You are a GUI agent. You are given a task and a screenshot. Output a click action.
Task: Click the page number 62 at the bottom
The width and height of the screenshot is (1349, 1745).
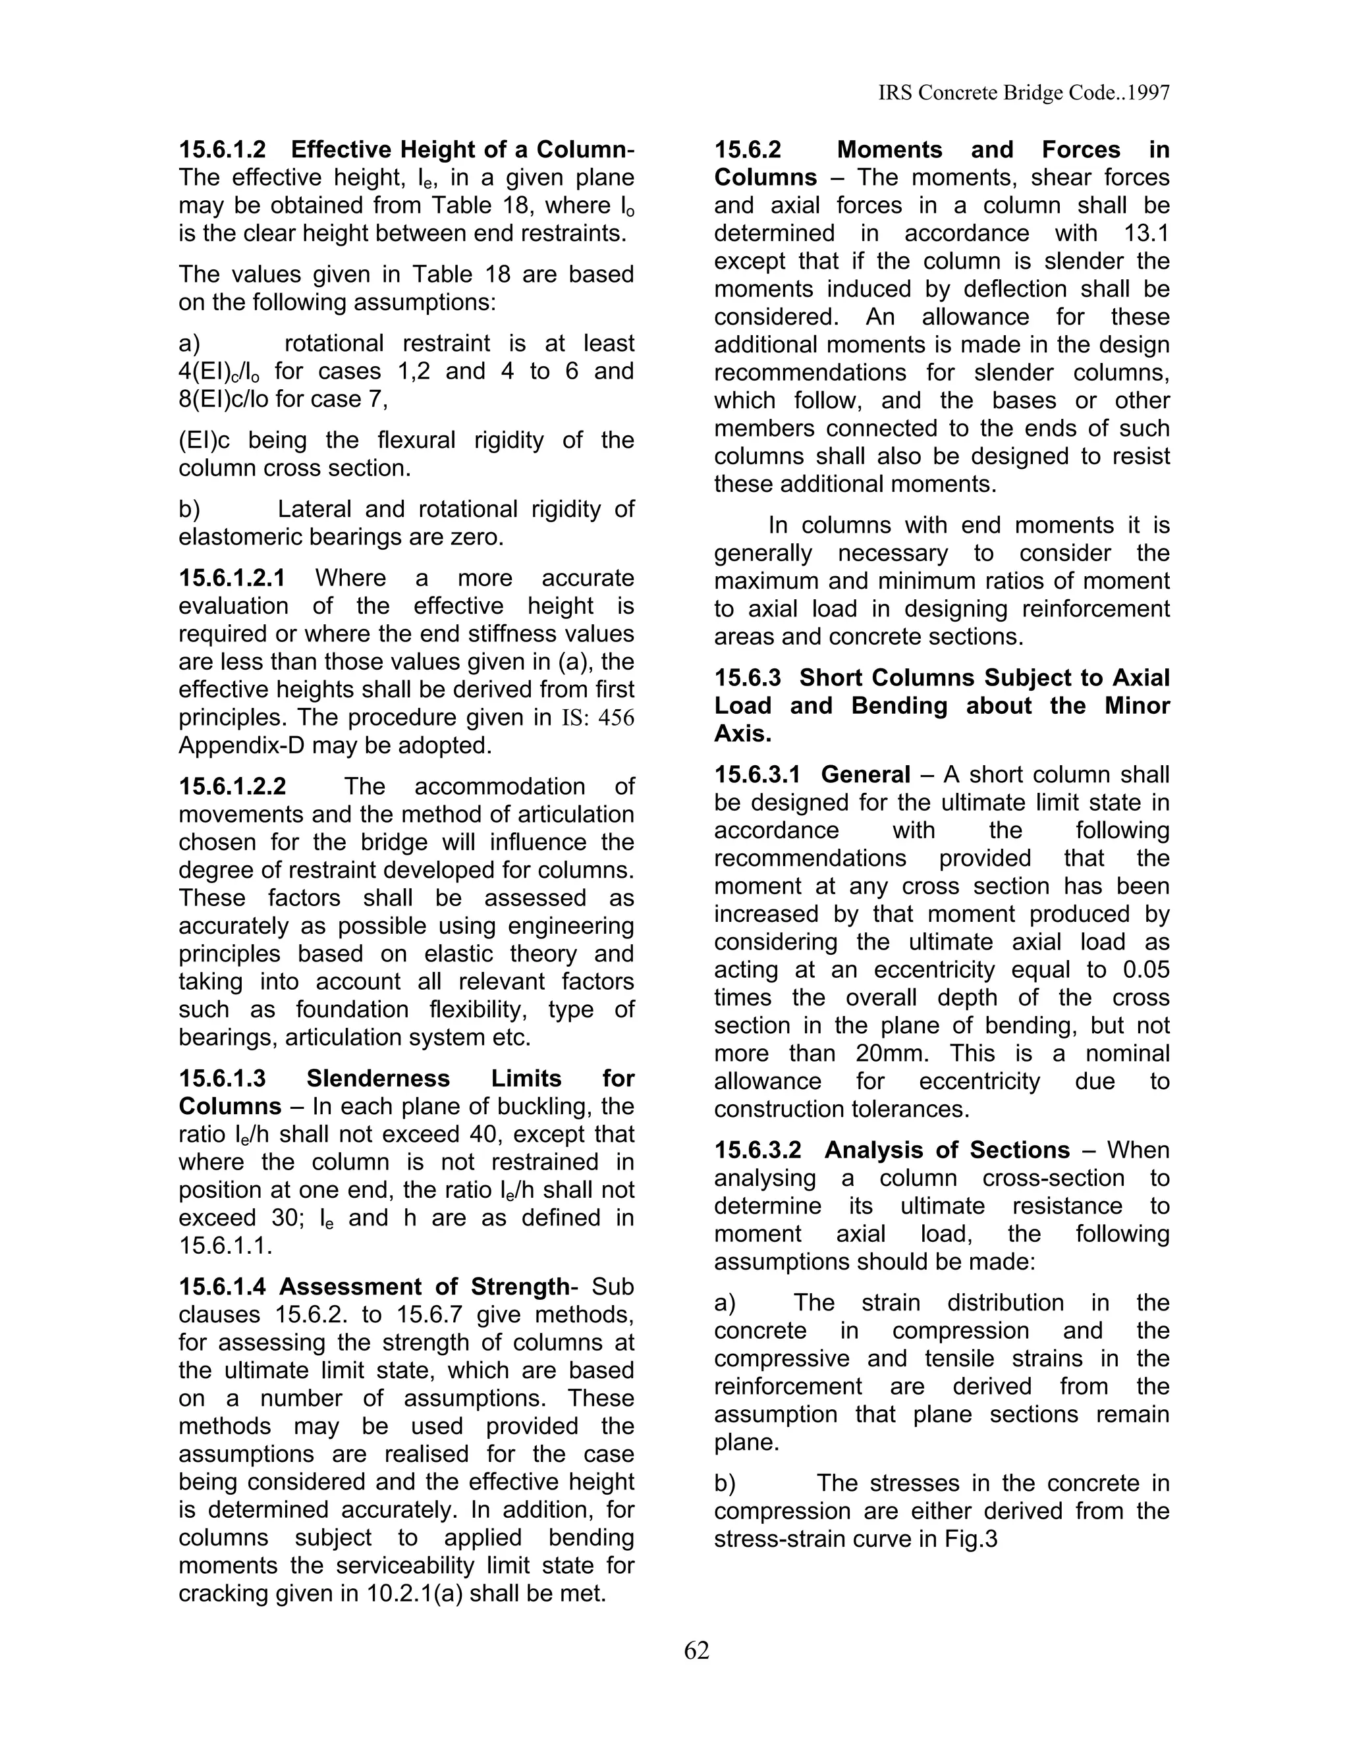[696, 1650]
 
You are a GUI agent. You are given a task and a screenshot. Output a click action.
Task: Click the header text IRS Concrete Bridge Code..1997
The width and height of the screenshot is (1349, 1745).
[1024, 94]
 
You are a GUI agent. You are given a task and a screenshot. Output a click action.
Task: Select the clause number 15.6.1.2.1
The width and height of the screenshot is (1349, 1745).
[232, 577]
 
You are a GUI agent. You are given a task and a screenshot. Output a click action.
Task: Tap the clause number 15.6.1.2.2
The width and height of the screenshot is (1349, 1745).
[232, 786]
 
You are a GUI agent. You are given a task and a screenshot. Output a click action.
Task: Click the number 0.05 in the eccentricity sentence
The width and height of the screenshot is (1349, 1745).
[1146, 969]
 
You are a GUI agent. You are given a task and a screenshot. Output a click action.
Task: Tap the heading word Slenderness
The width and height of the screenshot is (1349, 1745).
[378, 1079]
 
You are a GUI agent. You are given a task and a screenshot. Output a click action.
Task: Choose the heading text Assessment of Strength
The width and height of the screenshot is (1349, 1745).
[424, 1287]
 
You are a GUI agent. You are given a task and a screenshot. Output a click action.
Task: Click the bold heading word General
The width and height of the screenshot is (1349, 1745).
[866, 774]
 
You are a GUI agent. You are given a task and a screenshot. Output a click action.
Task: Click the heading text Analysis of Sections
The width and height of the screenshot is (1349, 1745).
[947, 1150]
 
